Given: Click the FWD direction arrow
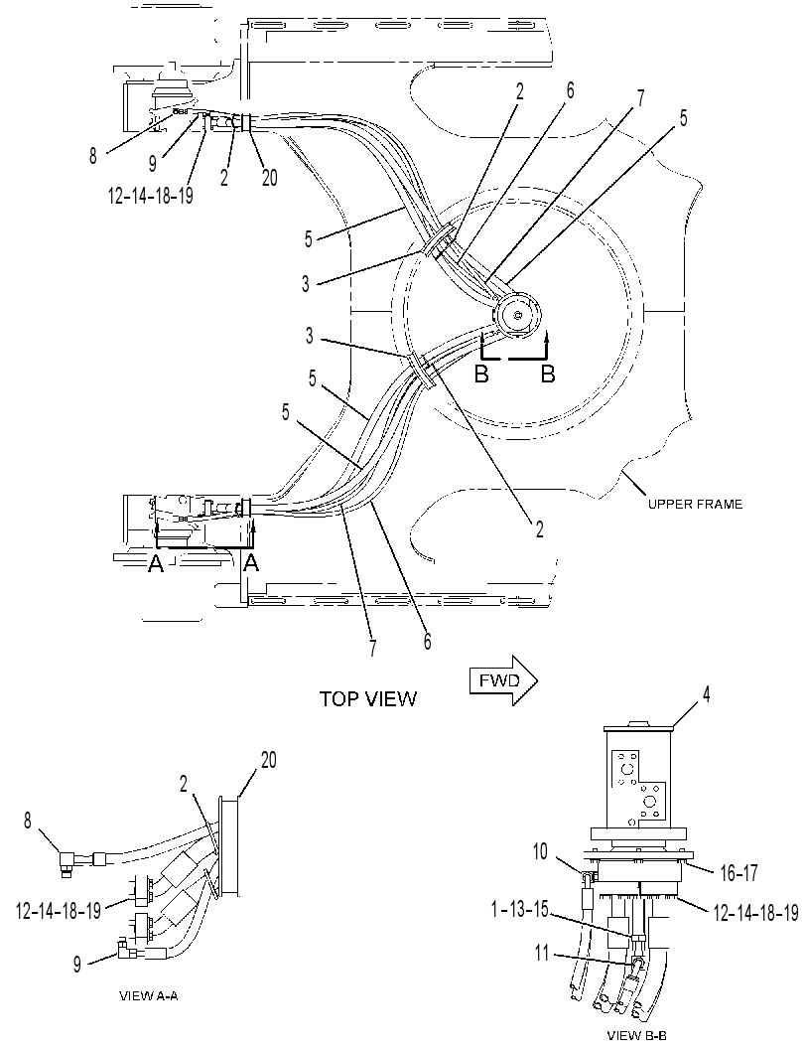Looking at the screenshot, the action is (503, 680).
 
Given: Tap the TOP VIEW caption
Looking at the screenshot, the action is (367, 699).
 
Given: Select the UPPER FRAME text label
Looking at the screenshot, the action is (695, 505).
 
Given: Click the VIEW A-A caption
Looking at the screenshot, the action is (148, 995).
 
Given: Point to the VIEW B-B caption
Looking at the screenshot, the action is (636, 1035).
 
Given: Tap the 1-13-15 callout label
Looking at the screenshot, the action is (517, 909).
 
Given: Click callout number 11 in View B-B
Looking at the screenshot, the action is (541, 953).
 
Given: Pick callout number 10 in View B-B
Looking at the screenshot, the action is (540, 851).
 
